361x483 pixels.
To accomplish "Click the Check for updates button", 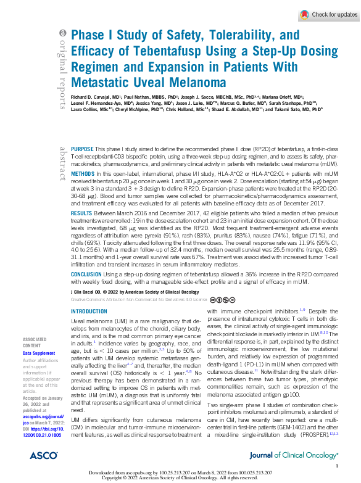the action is click(328, 15).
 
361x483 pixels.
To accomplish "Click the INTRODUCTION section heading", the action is click(89, 312).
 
